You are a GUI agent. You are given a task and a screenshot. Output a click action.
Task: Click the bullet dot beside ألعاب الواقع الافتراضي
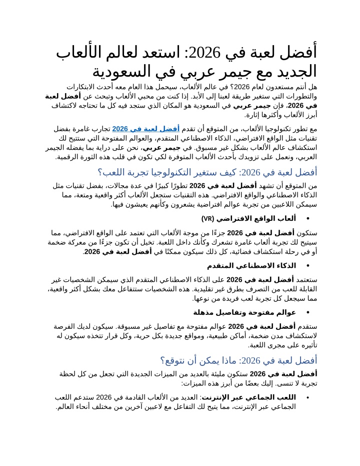307,219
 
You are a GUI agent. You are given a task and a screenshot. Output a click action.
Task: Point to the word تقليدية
223,289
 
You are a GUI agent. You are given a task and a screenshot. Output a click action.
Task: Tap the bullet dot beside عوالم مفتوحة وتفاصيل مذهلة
307,312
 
